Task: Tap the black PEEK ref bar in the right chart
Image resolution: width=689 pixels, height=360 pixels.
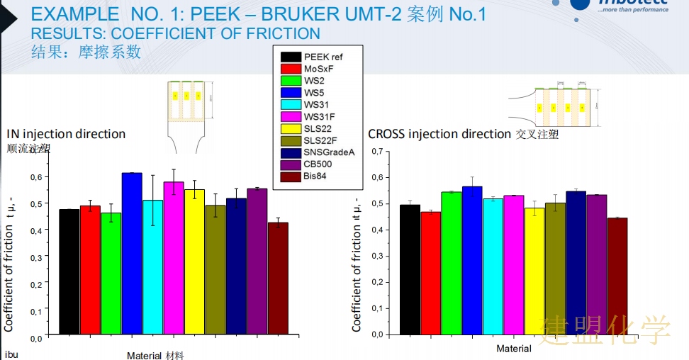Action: click(x=410, y=269)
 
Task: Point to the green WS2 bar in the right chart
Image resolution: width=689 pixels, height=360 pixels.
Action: click(x=452, y=262)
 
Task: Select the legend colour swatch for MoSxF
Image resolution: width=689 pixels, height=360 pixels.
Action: click(x=290, y=69)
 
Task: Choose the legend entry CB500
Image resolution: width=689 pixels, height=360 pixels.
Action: click(x=323, y=164)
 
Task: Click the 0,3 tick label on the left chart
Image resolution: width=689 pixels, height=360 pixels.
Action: click(x=35, y=257)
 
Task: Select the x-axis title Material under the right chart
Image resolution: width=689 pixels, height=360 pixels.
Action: click(x=514, y=349)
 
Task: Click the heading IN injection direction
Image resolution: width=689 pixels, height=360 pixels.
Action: click(x=66, y=134)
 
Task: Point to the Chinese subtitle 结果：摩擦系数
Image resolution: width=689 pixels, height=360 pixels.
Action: click(x=86, y=52)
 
